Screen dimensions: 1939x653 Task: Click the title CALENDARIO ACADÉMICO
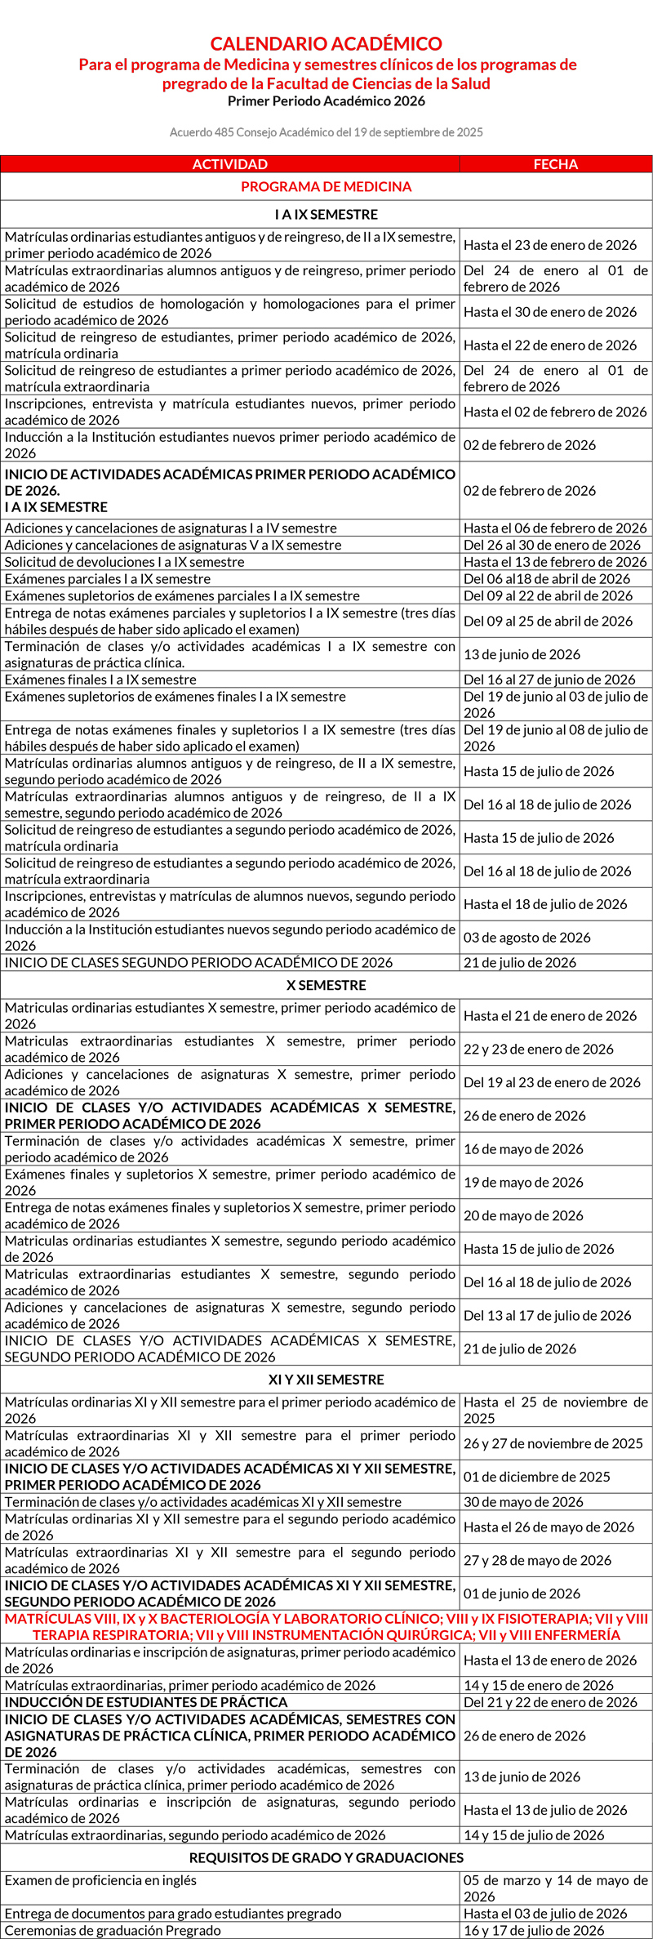click(326, 44)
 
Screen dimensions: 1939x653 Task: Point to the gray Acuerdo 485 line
click(326, 132)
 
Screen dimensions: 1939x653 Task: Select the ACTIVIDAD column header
click(229, 164)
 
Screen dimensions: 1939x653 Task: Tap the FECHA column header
click(555, 164)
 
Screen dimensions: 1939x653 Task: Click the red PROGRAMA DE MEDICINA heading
click(326, 186)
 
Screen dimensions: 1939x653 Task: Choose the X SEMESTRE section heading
click(326, 985)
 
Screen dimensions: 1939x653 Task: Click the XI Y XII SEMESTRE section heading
click(326, 1380)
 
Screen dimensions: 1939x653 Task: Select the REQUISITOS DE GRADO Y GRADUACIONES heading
click(326, 1857)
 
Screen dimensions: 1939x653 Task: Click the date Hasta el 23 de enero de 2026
click(550, 245)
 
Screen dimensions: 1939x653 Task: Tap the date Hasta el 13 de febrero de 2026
click(555, 562)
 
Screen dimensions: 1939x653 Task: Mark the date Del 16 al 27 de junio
click(549, 680)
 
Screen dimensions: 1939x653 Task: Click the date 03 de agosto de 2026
click(526, 938)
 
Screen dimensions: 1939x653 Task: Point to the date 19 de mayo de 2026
click(523, 1182)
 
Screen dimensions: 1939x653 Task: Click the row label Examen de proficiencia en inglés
click(100, 1880)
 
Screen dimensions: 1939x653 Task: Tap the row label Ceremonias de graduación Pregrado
click(113, 1931)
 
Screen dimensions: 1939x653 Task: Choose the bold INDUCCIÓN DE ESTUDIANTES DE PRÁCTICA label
click(146, 1702)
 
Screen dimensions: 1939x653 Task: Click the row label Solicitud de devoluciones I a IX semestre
click(124, 562)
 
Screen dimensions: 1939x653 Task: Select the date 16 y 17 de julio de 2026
click(534, 1931)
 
